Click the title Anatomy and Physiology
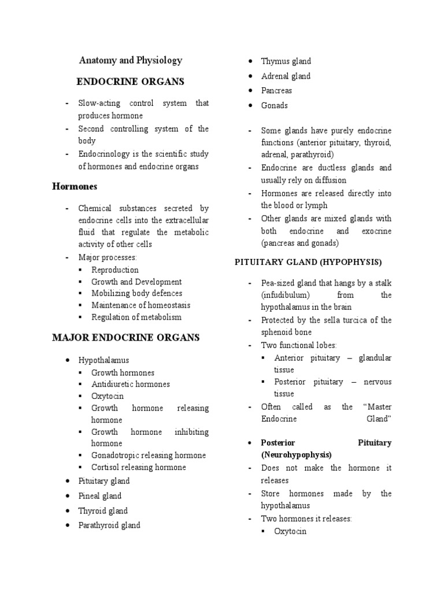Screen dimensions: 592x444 point(130,60)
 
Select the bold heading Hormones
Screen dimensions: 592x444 point(75,187)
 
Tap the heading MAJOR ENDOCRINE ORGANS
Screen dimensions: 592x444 point(126,337)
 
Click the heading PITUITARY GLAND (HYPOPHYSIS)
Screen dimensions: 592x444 point(308,262)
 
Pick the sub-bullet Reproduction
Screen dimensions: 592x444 point(115,270)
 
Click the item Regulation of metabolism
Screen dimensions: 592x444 point(136,317)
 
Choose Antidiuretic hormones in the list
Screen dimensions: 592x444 point(131,384)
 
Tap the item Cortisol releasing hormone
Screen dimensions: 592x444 point(139,467)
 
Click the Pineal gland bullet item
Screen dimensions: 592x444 point(99,495)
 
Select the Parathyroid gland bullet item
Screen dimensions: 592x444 point(109,525)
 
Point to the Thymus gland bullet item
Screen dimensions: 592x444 point(286,61)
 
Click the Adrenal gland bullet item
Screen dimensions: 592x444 point(286,76)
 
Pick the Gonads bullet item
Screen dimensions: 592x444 point(274,105)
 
